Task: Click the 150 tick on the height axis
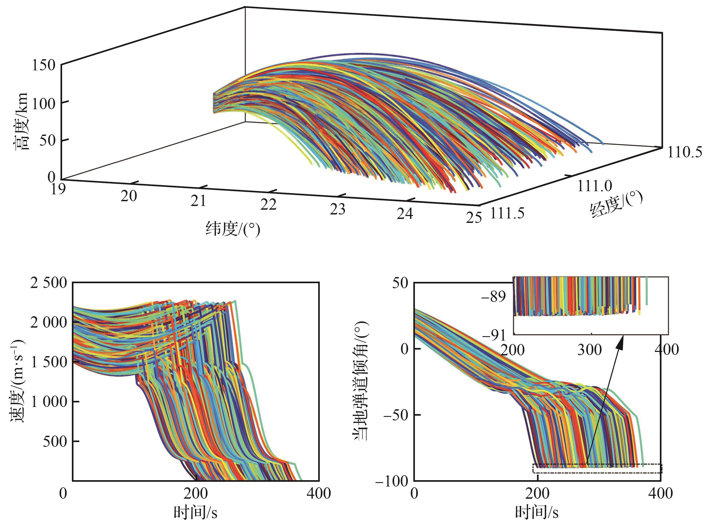44,65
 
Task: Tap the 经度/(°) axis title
616,204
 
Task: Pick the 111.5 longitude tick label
507,213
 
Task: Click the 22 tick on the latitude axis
268,204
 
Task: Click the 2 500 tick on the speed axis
49,283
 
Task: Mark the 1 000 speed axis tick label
49,402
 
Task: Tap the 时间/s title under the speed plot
195,512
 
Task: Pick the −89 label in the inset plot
493,297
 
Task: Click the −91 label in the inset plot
493,336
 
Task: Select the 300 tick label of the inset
589,350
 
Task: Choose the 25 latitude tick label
474,218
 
